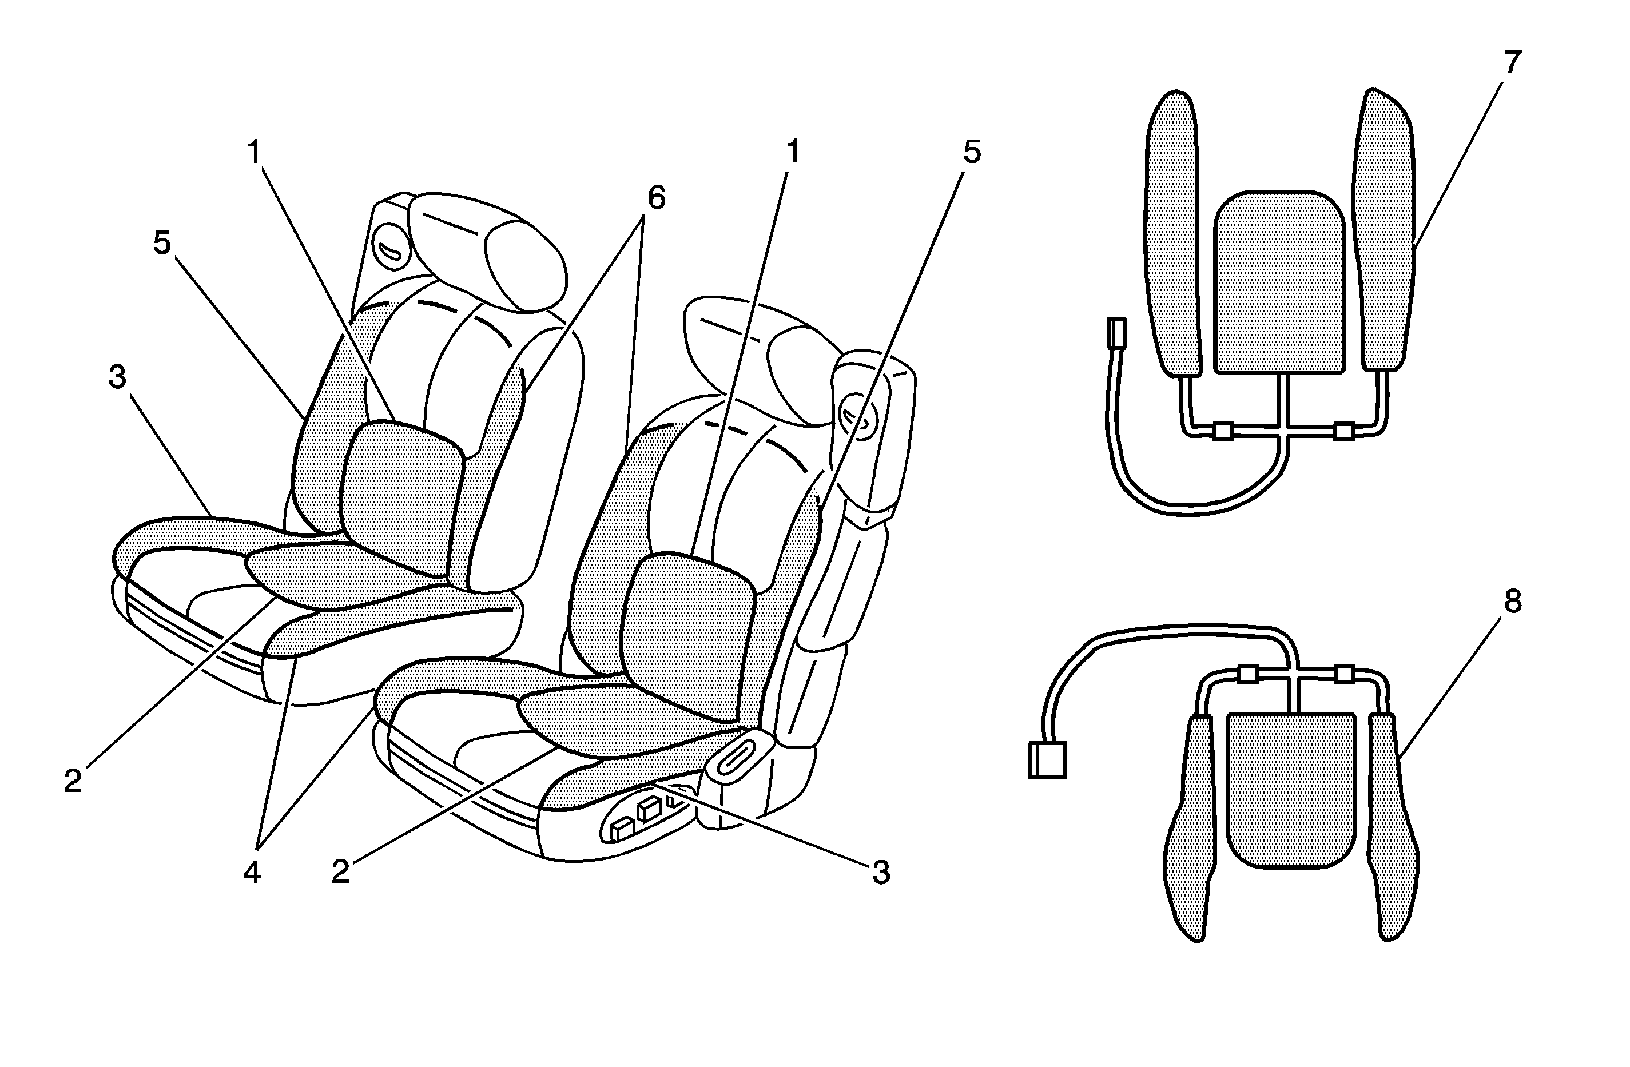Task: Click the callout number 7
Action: click(x=1512, y=63)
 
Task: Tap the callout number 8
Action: click(x=1512, y=602)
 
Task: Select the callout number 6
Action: click(x=655, y=198)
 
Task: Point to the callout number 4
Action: click(x=252, y=873)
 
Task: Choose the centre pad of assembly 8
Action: click(x=1290, y=790)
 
